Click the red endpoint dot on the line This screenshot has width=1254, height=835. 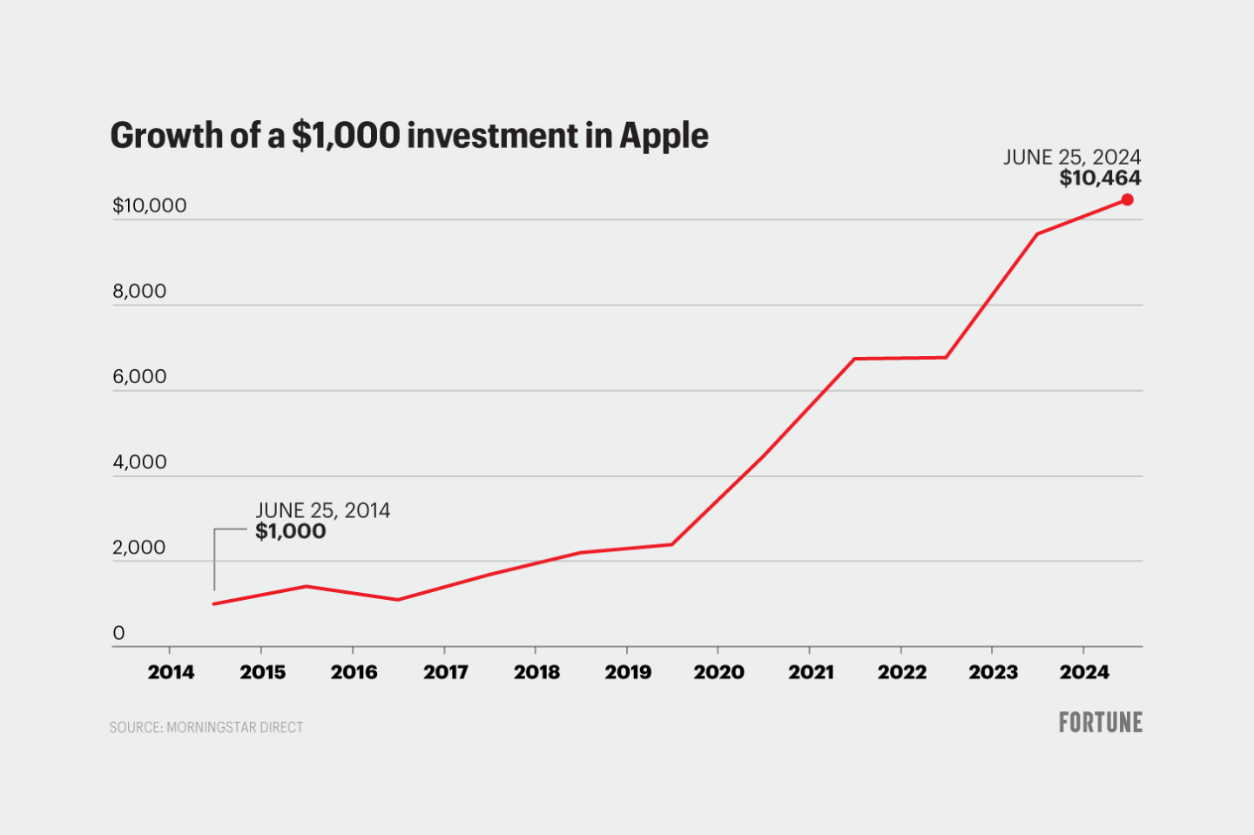click(x=1127, y=200)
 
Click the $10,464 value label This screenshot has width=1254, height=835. click(x=1100, y=178)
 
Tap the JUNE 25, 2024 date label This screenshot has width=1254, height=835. click(x=1071, y=157)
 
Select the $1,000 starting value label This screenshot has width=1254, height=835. click(x=290, y=531)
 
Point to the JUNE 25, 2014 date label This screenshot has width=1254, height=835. click(x=322, y=510)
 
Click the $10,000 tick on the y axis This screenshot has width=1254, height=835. click(x=150, y=205)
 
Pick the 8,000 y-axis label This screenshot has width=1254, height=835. click(x=139, y=292)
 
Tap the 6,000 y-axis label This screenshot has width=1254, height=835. click(x=139, y=377)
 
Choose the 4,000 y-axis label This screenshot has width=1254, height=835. click(x=139, y=462)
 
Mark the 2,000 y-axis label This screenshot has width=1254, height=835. click(x=139, y=548)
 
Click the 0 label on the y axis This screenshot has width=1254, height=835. click(x=119, y=633)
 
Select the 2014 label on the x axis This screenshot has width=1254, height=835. click(x=171, y=672)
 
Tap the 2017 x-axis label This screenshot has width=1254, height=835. click(x=445, y=672)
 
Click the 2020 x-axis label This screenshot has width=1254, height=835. click(x=718, y=672)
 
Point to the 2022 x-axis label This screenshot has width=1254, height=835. click(x=901, y=672)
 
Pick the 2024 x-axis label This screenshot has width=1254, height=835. click(x=1084, y=672)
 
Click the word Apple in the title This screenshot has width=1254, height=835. click(x=664, y=137)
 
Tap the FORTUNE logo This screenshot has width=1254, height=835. click(x=1100, y=723)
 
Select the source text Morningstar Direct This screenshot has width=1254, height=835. click(x=234, y=727)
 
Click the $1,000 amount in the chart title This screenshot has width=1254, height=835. click(x=346, y=136)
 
